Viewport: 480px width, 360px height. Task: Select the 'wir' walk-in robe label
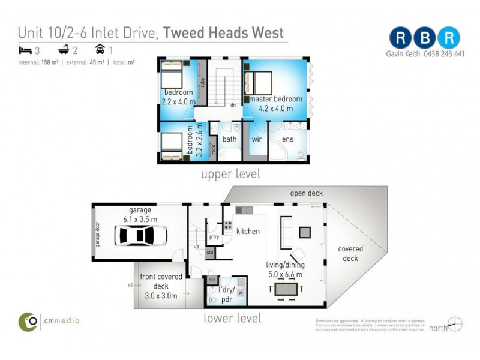pos(256,139)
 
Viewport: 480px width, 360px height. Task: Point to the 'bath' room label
pos(230,139)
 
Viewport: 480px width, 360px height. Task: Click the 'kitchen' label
pos(247,231)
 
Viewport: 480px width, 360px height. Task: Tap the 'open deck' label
pos(306,193)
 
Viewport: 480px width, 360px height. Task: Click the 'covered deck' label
pos(350,253)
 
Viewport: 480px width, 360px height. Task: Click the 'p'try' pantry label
pos(214,237)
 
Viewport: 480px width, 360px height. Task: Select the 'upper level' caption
pos(231,175)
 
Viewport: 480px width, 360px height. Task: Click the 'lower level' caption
pos(232,318)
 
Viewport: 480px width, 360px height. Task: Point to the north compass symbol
pos(455,324)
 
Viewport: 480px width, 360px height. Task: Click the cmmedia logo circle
pos(28,321)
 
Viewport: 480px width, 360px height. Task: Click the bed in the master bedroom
pos(259,83)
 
